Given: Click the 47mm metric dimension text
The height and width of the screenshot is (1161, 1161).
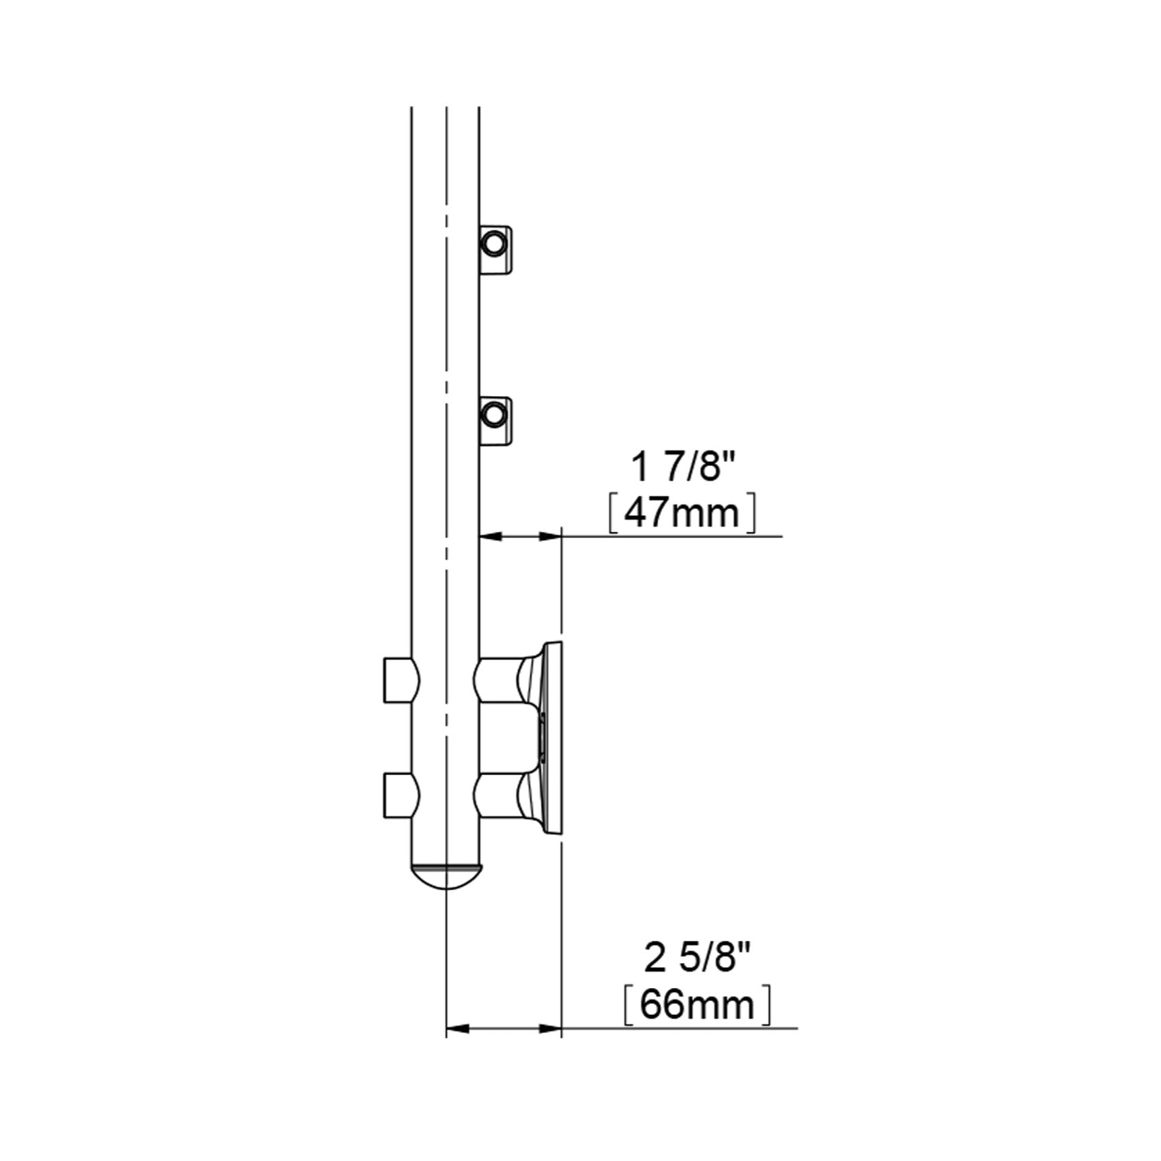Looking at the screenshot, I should click(x=682, y=515).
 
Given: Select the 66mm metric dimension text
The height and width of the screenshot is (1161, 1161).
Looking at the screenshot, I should click(x=697, y=1005).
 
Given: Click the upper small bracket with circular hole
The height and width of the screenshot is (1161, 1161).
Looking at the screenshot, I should click(x=496, y=251).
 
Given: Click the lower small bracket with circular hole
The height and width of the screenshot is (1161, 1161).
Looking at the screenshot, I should click(x=496, y=422).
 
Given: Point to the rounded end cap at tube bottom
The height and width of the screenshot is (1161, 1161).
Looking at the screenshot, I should click(x=446, y=876).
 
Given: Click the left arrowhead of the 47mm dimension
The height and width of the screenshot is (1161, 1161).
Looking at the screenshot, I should click(x=489, y=537).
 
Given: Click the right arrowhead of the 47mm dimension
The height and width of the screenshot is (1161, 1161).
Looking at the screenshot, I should click(x=552, y=537).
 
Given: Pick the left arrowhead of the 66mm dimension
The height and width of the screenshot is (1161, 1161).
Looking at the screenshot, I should click(x=457, y=1047).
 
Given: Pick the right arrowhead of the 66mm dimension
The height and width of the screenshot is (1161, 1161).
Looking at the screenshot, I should click(x=552, y=1047).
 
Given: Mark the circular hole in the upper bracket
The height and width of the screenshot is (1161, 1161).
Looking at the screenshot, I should click(x=494, y=243).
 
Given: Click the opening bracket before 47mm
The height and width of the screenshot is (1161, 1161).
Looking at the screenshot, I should click(x=613, y=515).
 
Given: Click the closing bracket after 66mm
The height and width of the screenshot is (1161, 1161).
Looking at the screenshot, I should click(x=766, y=1005).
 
